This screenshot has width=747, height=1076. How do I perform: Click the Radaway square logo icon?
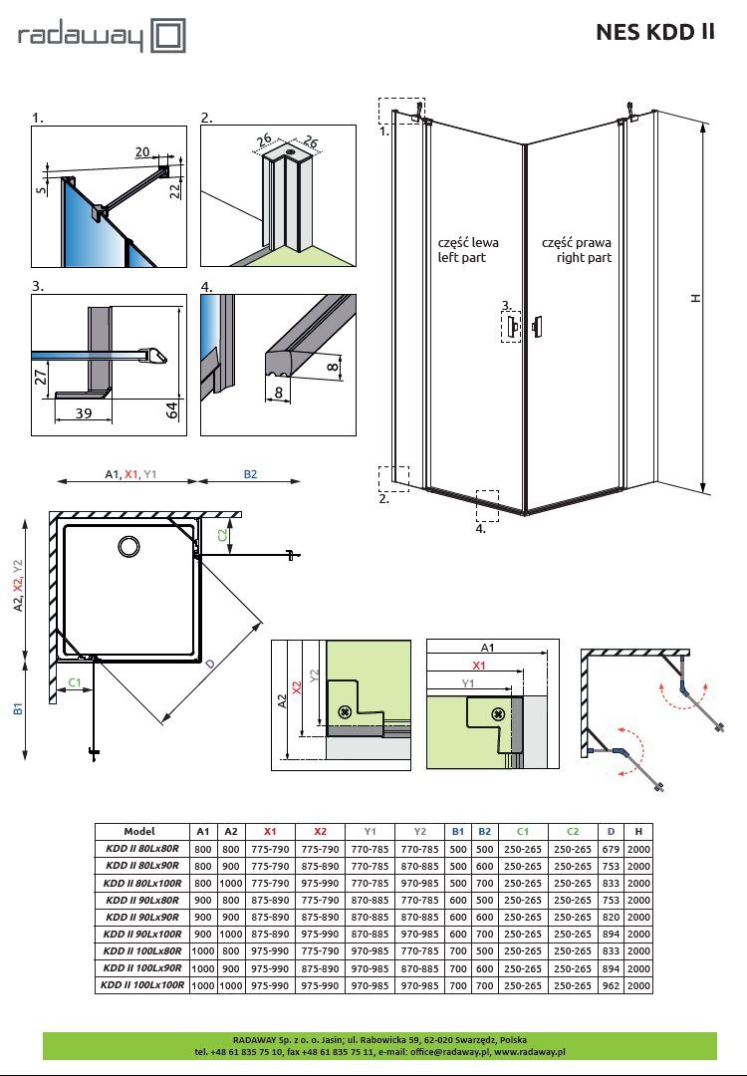[x=168, y=36]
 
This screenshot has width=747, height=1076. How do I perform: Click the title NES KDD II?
[x=655, y=32]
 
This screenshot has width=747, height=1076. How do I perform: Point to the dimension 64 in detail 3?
[x=172, y=409]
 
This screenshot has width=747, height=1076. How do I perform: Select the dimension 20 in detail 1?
[x=142, y=152]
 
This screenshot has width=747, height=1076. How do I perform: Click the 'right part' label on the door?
[x=584, y=258]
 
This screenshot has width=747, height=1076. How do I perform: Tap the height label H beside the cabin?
[x=696, y=298]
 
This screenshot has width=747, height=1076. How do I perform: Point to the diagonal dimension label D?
[x=210, y=664]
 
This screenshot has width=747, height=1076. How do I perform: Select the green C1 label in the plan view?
[x=75, y=682]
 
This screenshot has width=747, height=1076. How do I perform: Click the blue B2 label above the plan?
[x=250, y=474]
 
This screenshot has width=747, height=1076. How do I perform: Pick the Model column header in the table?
[x=139, y=831]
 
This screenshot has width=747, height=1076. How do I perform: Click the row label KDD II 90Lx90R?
[x=142, y=917]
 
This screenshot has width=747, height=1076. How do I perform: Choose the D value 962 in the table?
[x=611, y=985]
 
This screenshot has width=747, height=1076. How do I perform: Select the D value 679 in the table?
[x=611, y=849]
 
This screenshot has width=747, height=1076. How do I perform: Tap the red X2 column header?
[x=321, y=831]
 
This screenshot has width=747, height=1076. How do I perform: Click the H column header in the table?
[x=638, y=831]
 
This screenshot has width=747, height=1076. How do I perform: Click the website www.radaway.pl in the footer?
[x=530, y=1051]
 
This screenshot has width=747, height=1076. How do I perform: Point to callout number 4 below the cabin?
[x=481, y=528]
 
